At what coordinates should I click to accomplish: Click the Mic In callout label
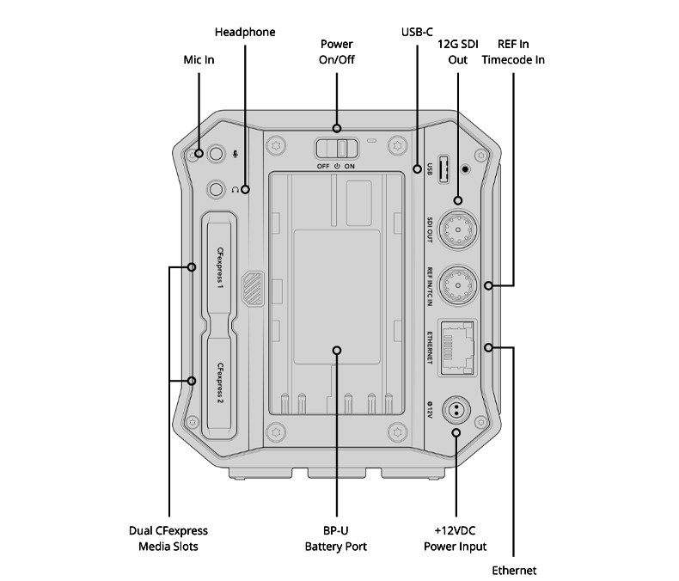click(x=199, y=60)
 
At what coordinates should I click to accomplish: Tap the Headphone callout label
click(x=245, y=32)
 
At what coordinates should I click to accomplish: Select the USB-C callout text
click(x=417, y=32)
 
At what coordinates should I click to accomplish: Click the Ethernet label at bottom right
click(x=514, y=570)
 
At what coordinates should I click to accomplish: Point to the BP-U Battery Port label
click(x=336, y=539)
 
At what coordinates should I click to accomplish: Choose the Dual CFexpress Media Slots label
click(x=168, y=539)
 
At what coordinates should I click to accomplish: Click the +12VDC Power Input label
click(x=456, y=539)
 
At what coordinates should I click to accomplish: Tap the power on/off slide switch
click(x=337, y=149)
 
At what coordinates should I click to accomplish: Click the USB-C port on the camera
click(x=443, y=168)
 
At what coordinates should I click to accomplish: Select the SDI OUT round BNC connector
click(x=458, y=229)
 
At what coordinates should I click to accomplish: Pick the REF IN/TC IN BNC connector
click(x=458, y=284)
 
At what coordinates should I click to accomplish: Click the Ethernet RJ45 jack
click(x=457, y=347)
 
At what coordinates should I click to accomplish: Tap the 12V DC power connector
click(x=456, y=410)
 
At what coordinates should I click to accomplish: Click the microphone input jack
click(x=216, y=154)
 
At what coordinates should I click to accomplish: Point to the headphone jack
click(x=216, y=189)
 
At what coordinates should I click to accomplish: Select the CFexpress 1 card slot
click(x=219, y=268)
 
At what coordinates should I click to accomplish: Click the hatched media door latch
click(x=254, y=288)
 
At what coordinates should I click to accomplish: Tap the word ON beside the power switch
click(x=350, y=166)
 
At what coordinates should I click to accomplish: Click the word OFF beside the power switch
click(x=323, y=166)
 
